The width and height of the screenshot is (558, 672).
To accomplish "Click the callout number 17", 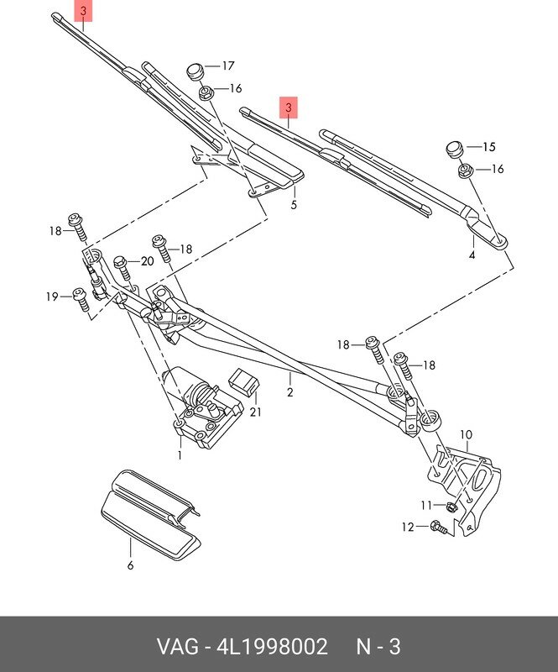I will point(228,66).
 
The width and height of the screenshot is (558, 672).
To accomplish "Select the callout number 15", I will point(489,146).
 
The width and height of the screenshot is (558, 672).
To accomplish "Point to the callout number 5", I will point(294,204).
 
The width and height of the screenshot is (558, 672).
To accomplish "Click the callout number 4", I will point(472,254).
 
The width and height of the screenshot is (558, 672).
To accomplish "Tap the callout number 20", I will point(148,261).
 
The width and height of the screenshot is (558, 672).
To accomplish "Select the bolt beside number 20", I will point(122,269).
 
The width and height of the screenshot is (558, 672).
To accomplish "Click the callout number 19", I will point(52,296).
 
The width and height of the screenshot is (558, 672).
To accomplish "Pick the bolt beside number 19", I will point(81,299).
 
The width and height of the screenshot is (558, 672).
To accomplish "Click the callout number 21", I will point(255,412).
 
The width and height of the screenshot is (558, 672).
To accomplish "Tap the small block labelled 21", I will point(244,381).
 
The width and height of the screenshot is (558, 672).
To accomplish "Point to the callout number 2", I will point(289,391).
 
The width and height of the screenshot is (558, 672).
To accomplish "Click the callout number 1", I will point(179,454).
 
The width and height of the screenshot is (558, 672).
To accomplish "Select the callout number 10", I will point(466,434).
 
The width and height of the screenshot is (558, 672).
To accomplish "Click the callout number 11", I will point(425,505).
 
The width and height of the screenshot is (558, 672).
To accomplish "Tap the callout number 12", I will point(408,527).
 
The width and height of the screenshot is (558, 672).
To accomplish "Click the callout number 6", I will point(130,565).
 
